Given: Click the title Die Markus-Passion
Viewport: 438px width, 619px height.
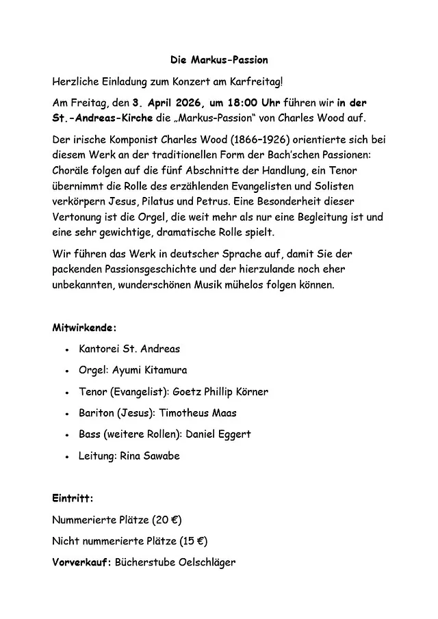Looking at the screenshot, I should click(x=219, y=61).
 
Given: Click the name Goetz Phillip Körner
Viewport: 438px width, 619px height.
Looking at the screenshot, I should click(x=220, y=392).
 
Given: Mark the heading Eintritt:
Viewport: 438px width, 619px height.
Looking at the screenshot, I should click(x=73, y=498).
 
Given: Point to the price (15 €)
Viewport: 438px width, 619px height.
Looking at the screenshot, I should click(x=194, y=541).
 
